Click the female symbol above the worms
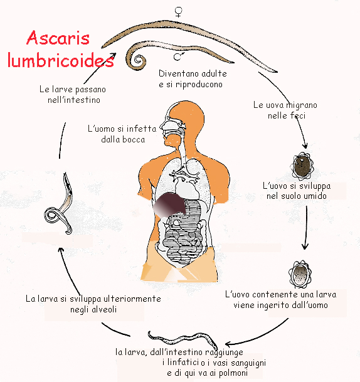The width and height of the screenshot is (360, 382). pos(179,12)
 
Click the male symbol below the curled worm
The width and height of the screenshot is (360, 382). pos(179,56)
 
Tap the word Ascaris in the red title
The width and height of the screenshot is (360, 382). pos(58,38)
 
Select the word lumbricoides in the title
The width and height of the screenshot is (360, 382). pos(61,60)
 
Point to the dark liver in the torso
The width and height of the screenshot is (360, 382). pos(170,204)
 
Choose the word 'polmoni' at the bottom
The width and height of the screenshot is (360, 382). pos(233,373)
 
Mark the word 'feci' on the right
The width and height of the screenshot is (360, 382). pos(297,115)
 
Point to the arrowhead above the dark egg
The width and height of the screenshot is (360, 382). pos(305,146)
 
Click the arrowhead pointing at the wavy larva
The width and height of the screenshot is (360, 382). pos(228,344)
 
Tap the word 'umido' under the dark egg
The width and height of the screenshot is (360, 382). pos(314,196)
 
